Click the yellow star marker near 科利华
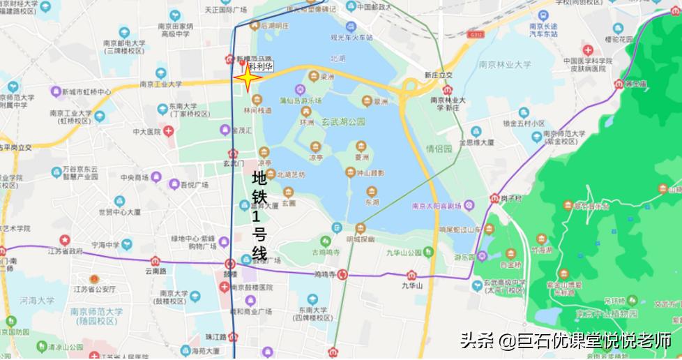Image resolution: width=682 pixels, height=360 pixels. click(x=246, y=79)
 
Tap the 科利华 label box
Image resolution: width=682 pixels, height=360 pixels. click(x=260, y=66)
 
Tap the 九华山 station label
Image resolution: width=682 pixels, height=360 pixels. click(x=412, y=285)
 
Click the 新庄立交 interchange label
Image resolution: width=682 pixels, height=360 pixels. click(x=438, y=75)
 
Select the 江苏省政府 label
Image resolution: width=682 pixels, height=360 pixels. click(x=66, y=251)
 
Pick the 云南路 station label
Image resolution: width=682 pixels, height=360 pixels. click(x=156, y=271)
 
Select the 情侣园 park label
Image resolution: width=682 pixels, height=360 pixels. click(x=439, y=148)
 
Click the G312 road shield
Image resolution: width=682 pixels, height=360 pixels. click(x=476, y=33)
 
